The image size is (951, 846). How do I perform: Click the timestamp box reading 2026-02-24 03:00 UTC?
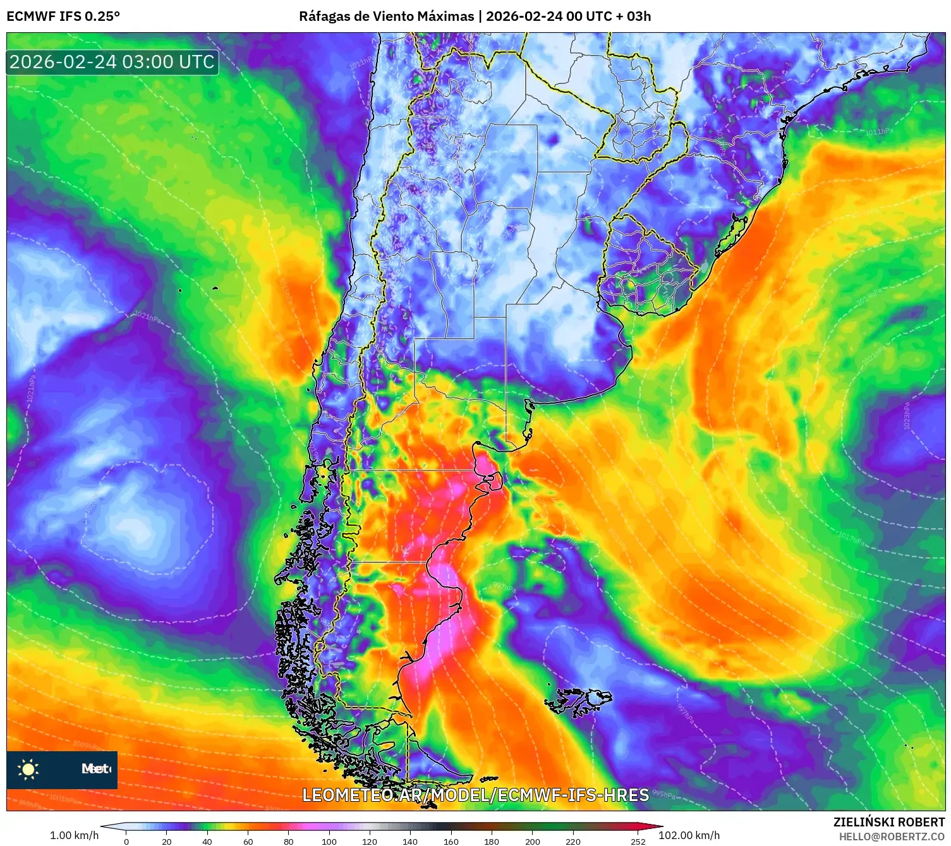(x=112, y=62)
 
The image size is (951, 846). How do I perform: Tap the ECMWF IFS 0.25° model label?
(x=63, y=16)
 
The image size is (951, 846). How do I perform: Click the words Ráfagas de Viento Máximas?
(x=386, y=16)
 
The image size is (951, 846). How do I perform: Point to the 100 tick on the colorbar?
(x=329, y=841)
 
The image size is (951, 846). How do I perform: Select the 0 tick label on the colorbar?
(x=126, y=841)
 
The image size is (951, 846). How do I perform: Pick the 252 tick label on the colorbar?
(x=638, y=841)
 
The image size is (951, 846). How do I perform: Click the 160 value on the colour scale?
(x=451, y=841)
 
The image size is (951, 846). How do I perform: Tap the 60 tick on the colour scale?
(x=248, y=841)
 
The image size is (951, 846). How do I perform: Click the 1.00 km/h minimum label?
(x=75, y=835)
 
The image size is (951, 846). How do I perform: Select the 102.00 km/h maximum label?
(x=689, y=835)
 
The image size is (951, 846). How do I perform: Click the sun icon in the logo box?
(x=28, y=769)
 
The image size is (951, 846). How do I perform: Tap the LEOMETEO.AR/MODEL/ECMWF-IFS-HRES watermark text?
(x=475, y=795)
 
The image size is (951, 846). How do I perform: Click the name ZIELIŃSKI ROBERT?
(x=888, y=822)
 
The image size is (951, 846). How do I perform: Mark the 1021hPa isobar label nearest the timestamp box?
(x=147, y=316)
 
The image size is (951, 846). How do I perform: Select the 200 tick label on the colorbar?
(x=532, y=841)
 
